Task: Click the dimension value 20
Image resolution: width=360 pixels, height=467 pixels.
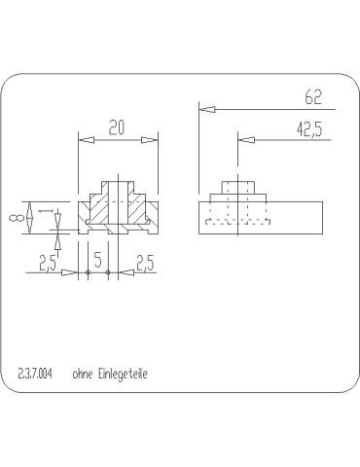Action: [x=117, y=126]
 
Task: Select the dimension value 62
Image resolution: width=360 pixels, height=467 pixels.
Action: [x=311, y=96]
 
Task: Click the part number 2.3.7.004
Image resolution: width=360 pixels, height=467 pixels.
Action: [x=36, y=374]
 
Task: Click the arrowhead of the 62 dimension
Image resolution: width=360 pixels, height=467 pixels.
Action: [x=206, y=110]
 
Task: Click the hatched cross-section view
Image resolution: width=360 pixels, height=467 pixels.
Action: [x=117, y=209]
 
